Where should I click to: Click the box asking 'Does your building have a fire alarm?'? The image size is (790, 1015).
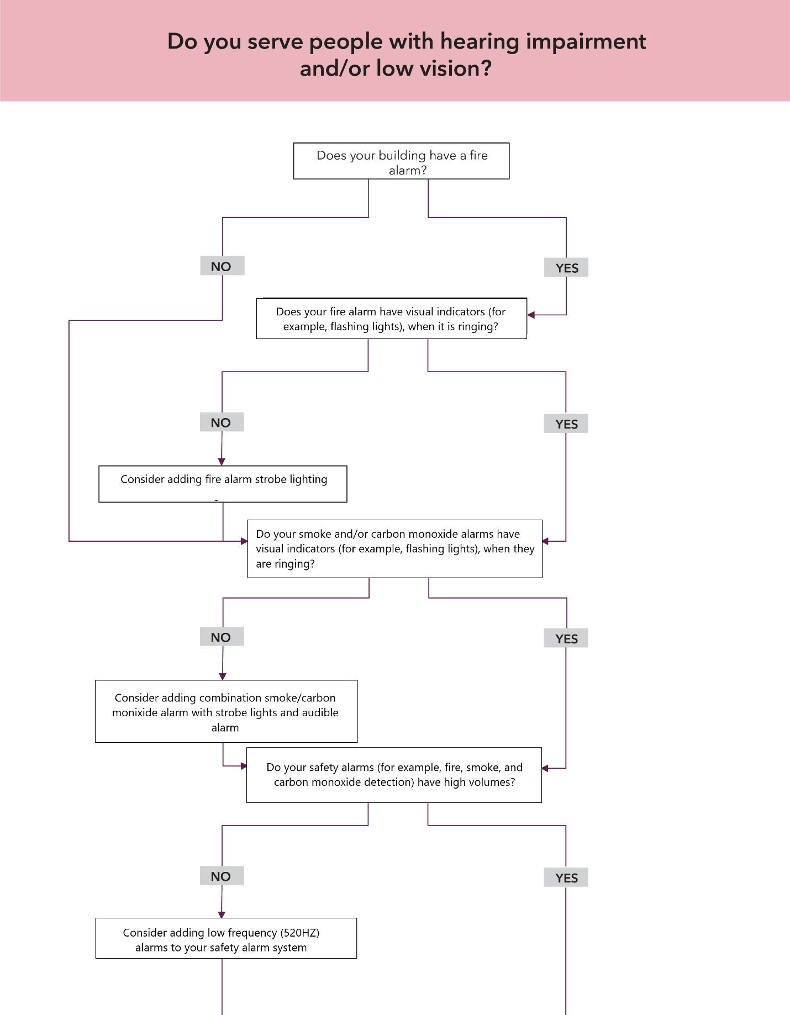click(x=401, y=161)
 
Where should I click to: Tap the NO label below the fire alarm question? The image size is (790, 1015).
click(x=222, y=266)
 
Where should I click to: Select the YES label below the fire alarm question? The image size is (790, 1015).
click(x=566, y=268)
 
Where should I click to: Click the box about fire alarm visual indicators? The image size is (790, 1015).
click(x=391, y=319)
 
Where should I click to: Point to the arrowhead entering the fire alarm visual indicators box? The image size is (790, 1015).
click(x=531, y=315)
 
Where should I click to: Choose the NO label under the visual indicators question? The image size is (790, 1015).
click(x=222, y=422)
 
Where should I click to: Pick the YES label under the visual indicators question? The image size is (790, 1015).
click(x=566, y=424)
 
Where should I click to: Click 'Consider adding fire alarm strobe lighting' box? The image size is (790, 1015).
click(x=223, y=484)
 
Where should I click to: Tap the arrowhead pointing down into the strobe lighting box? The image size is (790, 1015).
click(x=222, y=462)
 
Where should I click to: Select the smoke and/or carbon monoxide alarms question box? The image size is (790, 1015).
click(x=394, y=549)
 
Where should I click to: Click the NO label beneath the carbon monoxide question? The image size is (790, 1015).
click(x=222, y=637)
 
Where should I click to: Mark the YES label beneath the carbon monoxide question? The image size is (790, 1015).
click(x=566, y=639)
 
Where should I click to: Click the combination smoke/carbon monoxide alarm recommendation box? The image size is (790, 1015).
click(x=226, y=711)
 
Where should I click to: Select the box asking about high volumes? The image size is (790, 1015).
click(x=394, y=775)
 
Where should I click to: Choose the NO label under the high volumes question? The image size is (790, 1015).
click(x=222, y=876)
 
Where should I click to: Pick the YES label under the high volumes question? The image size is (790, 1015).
click(x=566, y=878)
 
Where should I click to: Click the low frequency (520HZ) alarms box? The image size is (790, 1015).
click(x=226, y=938)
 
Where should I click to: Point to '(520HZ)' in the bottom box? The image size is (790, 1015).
click(x=300, y=933)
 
